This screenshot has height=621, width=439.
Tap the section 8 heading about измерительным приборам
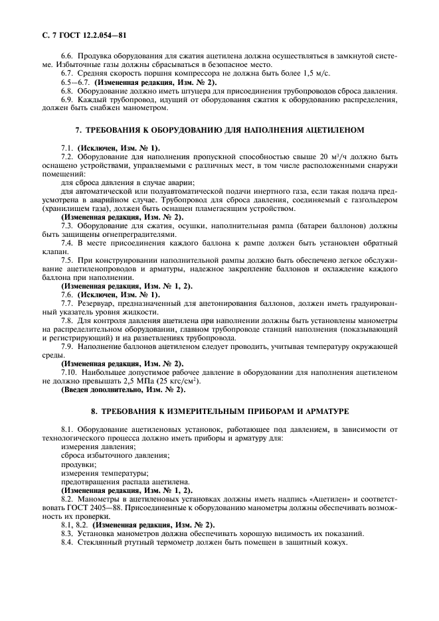point(219,412)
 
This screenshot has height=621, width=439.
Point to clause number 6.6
point(68,58)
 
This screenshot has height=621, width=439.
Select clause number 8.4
point(68,543)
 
